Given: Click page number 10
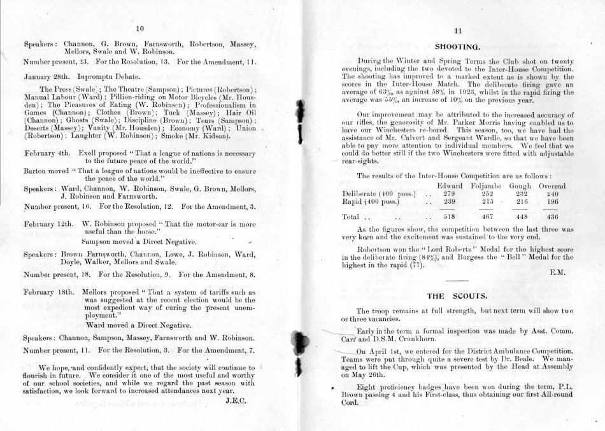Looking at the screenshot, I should [140, 29].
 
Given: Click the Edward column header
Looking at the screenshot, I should [450, 186].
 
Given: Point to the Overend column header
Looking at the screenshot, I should [552, 186].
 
